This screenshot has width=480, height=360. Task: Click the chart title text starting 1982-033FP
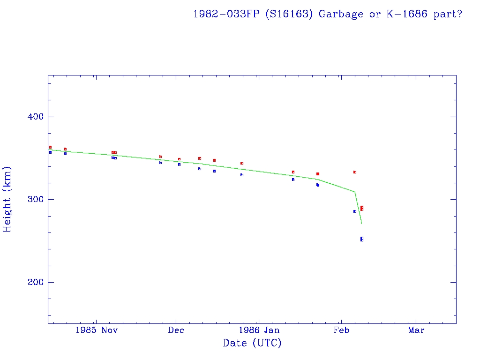(x=328, y=14)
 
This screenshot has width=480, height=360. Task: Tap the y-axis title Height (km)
(x=7, y=199)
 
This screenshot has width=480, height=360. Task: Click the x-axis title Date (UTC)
(x=252, y=343)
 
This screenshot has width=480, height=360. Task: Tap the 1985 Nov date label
(x=97, y=330)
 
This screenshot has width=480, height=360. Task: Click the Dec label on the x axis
(x=176, y=330)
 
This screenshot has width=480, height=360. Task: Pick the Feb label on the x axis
(x=341, y=330)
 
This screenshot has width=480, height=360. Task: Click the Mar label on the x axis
(x=416, y=330)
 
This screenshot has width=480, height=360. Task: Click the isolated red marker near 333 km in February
(x=355, y=172)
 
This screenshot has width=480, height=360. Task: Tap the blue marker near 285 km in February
(x=355, y=211)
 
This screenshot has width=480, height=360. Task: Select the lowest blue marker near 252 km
(x=362, y=240)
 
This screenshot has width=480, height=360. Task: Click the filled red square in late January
(x=318, y=174)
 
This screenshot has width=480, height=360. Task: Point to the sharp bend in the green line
(x=355, y=192)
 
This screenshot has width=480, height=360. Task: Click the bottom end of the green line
(x=361, y=224)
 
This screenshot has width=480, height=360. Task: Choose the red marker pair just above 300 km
(x=362, y=208)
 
